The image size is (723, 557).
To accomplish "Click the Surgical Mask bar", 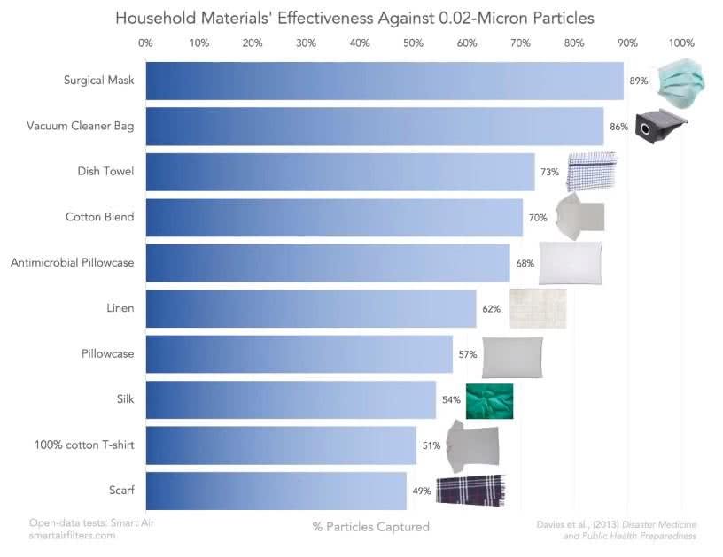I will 384,81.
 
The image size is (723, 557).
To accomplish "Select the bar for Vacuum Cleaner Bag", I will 374,127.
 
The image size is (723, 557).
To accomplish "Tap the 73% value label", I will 550,172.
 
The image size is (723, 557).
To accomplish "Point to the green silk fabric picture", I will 489,400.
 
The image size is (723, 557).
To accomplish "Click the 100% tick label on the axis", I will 681,42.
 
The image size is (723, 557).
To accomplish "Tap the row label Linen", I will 120,308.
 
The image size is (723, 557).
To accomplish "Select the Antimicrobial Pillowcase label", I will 72,263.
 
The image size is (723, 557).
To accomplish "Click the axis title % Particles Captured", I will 370,527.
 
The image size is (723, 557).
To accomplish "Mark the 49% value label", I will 421,491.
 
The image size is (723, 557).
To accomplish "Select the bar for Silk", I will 291,399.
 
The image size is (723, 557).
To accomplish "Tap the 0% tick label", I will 145,42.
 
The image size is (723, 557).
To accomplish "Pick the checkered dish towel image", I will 592,171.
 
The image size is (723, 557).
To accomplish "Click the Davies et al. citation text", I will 616,530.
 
